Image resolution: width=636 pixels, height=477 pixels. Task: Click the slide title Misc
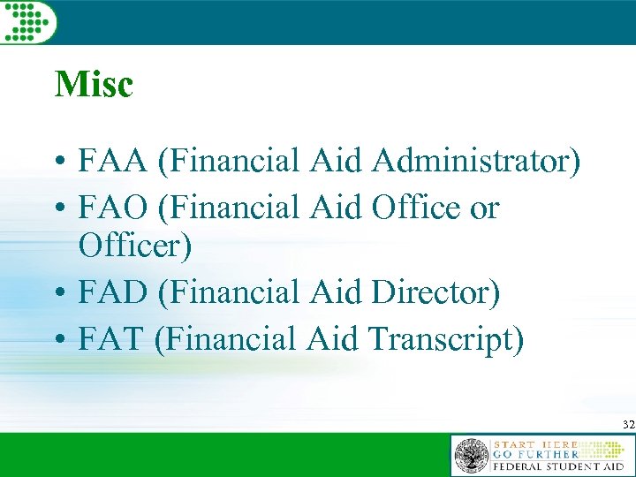point(94,85)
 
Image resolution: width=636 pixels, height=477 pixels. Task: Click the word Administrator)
point(476,162)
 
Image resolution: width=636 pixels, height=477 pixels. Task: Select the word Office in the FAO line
point(416,208)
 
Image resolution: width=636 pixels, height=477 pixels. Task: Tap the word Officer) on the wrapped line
point(135,246)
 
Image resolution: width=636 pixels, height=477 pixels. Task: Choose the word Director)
point(436,293)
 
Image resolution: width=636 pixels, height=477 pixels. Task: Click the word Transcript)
point(448,339)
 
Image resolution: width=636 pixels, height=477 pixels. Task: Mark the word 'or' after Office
point(484,210)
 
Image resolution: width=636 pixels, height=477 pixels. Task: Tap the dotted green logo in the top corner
point(28,20)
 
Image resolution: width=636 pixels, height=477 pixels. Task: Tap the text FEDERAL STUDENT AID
point(556,466)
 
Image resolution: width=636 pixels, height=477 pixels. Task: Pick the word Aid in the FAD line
point(339,293)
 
